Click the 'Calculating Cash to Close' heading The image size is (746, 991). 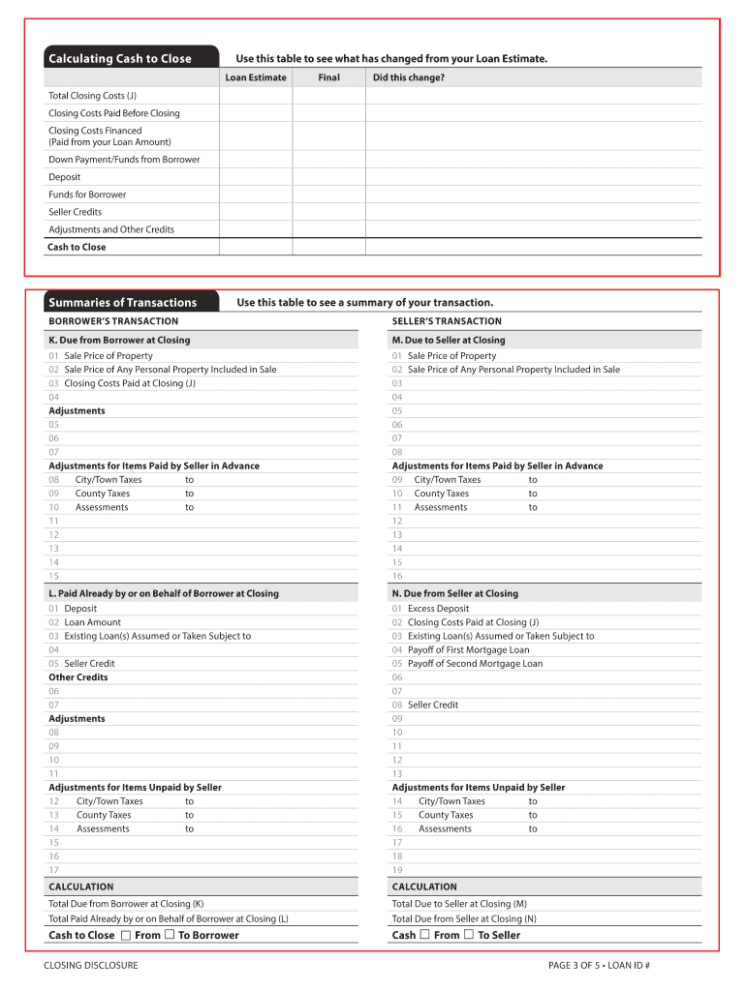coord(120,59)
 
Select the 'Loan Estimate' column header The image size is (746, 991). coord(256,77)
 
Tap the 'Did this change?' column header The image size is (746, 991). coord(409,77)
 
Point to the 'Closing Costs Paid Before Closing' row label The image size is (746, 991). coord(114,113)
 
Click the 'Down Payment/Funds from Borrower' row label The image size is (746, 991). coord(124,160)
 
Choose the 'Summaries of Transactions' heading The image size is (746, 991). coord(122,303)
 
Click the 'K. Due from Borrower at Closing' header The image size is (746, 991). coord(119,341)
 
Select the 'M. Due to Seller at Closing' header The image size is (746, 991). coord(449,341)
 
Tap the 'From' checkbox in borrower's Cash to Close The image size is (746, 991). coord(126,935)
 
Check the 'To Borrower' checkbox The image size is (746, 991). coord(170,935)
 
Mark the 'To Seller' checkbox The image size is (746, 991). coord(469,935)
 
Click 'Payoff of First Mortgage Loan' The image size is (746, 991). coord(468,650)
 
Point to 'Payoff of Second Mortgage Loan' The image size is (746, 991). coord(475,664)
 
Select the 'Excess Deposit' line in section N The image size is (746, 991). coord(438,609)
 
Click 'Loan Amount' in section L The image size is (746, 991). coord(92,622)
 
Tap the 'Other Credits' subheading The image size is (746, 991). coord(78,677)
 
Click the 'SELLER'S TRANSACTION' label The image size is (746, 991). coord(447,321)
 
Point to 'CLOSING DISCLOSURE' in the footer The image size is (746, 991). coord(91,966)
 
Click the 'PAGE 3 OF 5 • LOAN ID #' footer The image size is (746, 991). coord(598,966)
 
